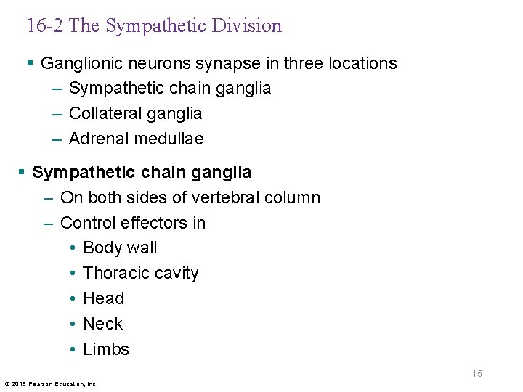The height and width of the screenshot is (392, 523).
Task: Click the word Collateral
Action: (104, 113)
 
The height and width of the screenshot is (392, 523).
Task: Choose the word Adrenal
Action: (97, 139)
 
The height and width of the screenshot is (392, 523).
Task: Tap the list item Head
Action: (104, 298)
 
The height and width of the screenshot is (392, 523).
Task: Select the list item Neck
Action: (103, 324)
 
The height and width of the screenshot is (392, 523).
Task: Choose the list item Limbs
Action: (106, 349)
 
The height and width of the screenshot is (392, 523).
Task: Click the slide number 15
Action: (477, 374)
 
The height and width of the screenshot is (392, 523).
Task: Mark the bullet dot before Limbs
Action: (75, 349)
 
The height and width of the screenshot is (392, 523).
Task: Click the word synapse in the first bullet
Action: (240, 64)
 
